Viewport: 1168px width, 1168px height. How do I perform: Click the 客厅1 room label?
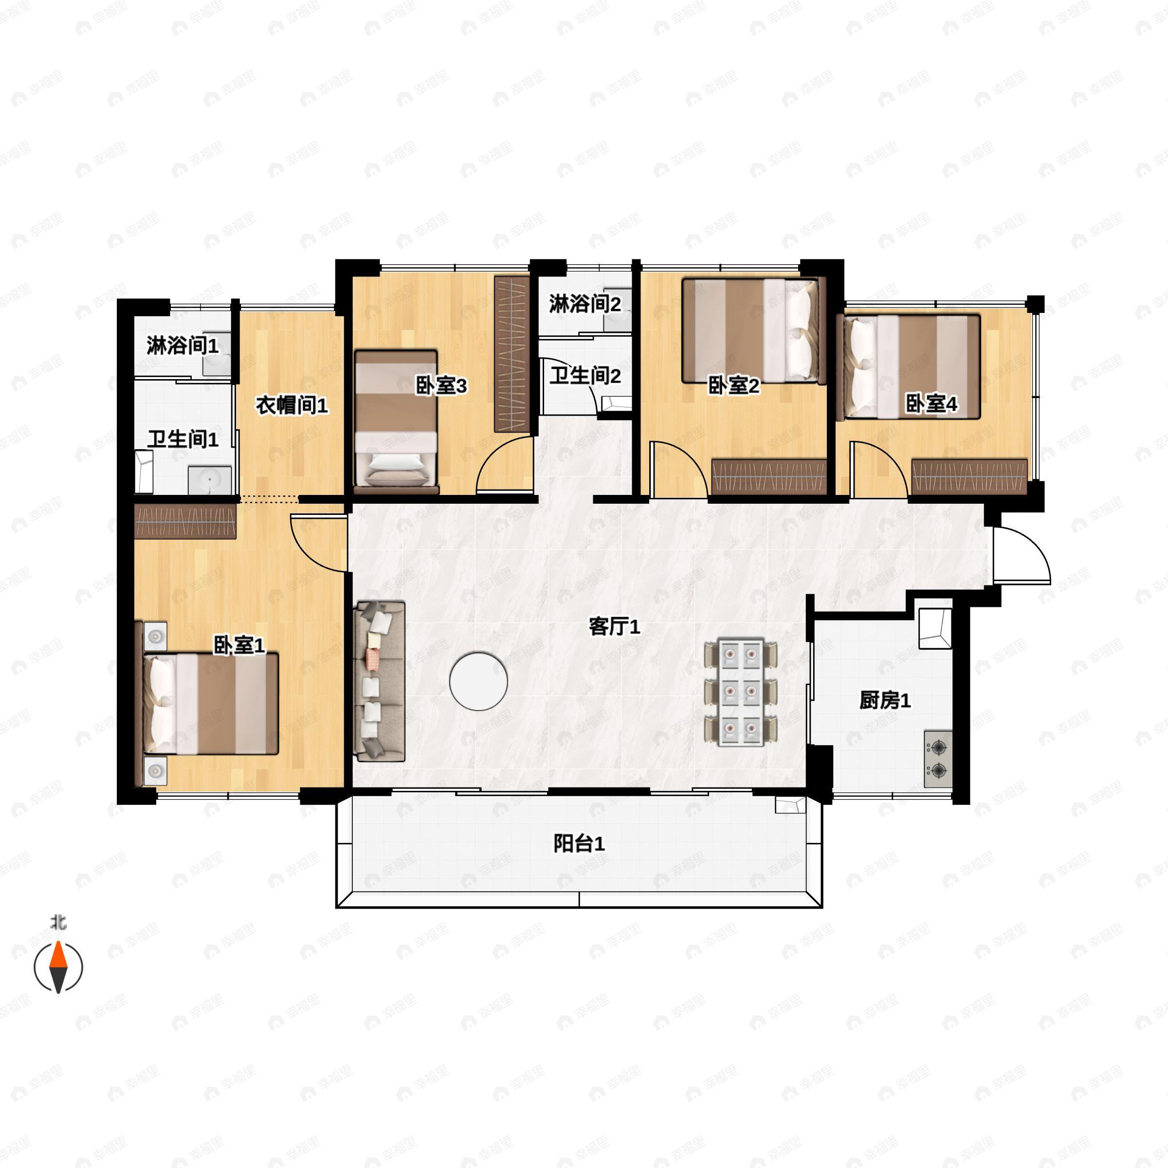tap(614, 627)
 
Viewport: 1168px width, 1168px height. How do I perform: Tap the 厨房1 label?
tap(884, 701)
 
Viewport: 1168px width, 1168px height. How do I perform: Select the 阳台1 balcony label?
tap(579, 843)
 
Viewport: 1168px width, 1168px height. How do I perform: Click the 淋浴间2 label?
tap(584, 304)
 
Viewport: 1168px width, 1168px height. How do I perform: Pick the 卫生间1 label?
tap(182, 439)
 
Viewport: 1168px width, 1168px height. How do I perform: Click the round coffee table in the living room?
tap(478, 681)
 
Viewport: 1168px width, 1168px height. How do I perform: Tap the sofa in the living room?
tap(379, 681)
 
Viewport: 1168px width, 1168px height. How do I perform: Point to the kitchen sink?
tap(934, 629)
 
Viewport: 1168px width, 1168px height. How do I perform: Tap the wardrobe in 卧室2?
tap(769, 476)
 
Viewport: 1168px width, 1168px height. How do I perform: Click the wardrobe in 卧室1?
tap(185, 521)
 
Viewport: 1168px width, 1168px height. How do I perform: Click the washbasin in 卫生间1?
tap(209, 480)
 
